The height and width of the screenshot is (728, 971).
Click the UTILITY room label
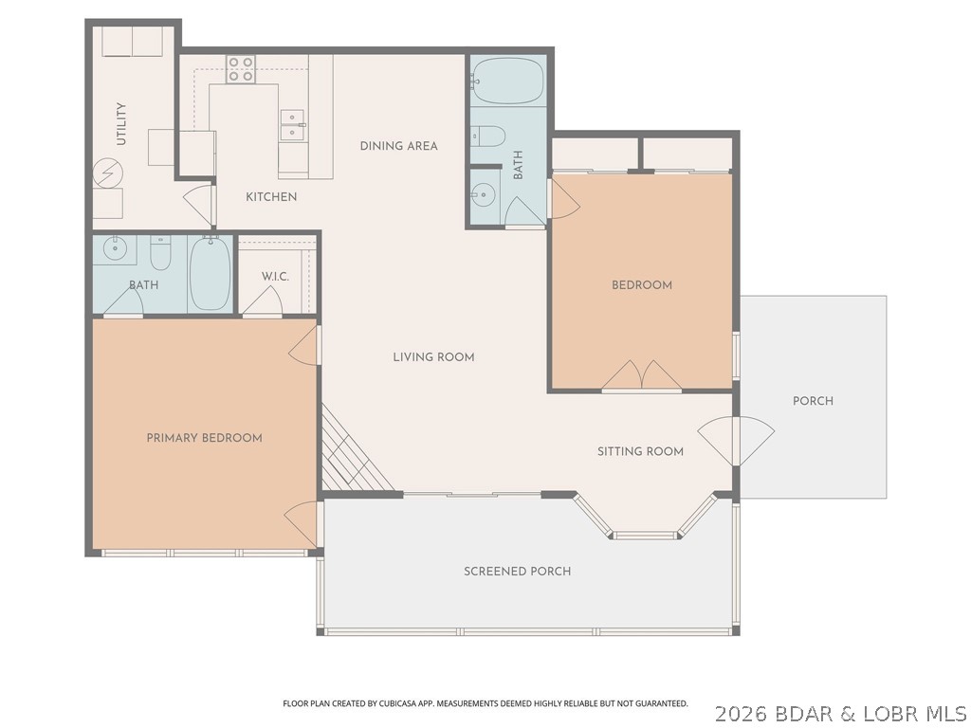121,124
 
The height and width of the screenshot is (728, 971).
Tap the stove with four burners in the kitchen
241,69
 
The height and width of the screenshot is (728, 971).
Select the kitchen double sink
292,125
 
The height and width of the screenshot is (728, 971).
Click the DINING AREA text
398,146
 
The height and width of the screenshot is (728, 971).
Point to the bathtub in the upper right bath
506,81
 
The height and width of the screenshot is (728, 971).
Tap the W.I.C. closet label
275,276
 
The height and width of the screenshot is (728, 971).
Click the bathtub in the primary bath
210,273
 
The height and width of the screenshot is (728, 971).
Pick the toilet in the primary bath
161,253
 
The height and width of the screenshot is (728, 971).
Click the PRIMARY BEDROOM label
204,438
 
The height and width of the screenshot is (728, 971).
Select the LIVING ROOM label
433,357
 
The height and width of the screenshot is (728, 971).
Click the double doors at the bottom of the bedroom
642,375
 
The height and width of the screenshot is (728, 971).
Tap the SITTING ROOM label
640,451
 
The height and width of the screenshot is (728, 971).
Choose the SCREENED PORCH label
517,572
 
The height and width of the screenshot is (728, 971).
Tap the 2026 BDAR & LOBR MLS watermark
840,712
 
